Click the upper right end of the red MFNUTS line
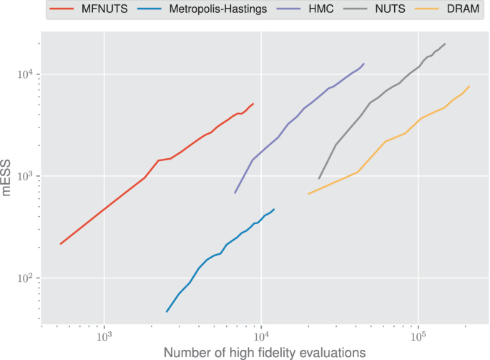tap(253, 104)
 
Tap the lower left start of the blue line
tap(167, 311)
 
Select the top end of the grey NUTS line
tap(445, 44)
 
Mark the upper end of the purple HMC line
tap(364, 64)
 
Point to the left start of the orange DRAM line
tap(308, 194)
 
